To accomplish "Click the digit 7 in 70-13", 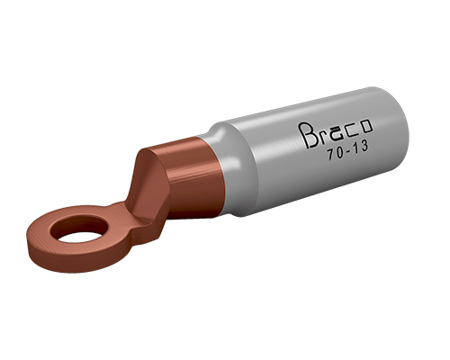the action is click(330, 156).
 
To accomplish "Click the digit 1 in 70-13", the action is click(356, 149).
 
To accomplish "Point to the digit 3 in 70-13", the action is click(364, 147).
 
